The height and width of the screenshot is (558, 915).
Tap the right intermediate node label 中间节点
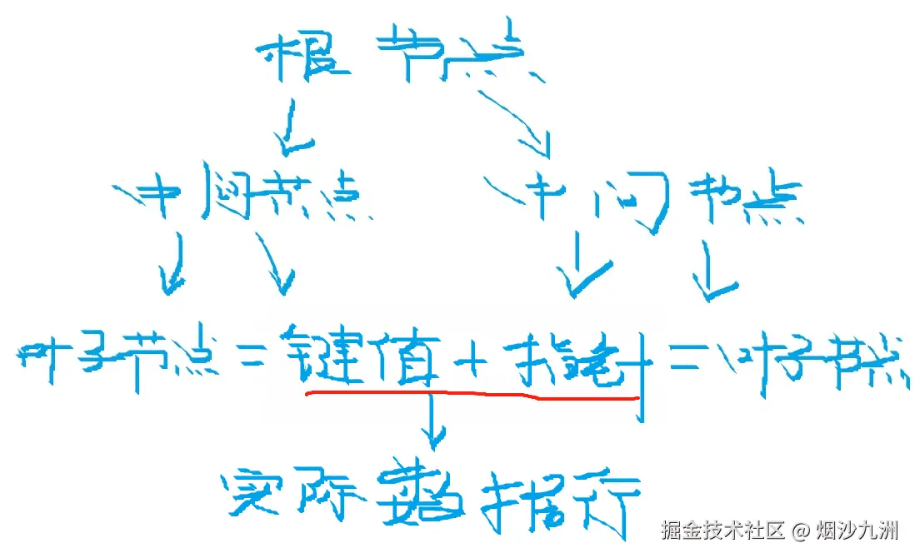(x=650, y=201)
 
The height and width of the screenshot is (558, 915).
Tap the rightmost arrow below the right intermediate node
(x=712, y=271)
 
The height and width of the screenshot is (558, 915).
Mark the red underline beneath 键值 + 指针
(x=472, y=396)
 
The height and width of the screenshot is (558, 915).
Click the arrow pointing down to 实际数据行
(x=432, y=421)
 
